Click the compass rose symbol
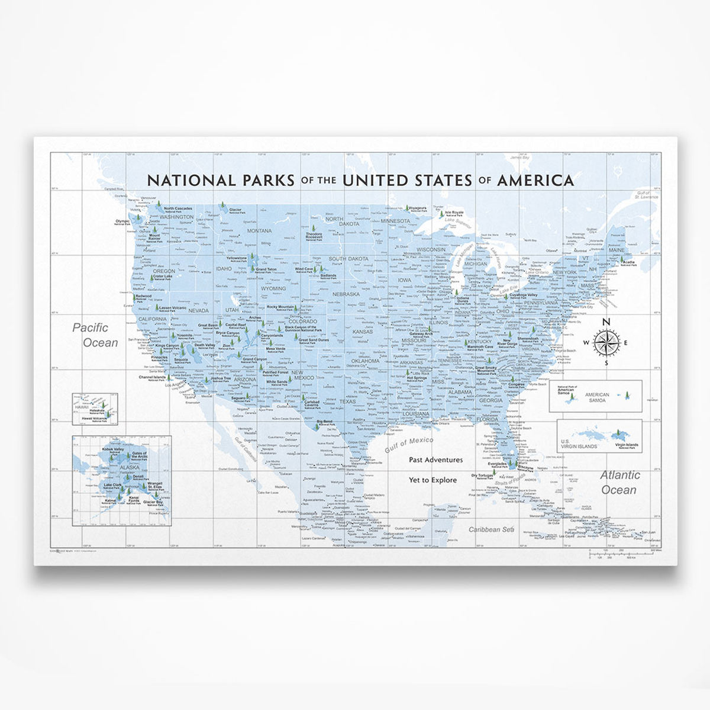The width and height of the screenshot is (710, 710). tap(606, 342)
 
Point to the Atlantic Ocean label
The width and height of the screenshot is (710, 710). tap(619, 482)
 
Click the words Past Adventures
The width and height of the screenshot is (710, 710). tap(435, 460)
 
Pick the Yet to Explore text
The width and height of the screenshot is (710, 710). tap(435, 480)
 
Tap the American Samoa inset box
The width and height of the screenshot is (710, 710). tap(595, 396)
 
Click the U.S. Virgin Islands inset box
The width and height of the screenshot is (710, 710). tap(599, 436)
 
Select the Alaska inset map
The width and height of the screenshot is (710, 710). tap(122, 480)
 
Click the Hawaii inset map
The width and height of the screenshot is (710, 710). tap(95, 409)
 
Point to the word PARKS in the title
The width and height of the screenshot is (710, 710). tap(261, 180)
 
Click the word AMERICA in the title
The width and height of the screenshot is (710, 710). tap(535, 180)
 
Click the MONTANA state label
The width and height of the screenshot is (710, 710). tap(259, 231)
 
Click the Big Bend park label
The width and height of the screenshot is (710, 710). tap(324, 422)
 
